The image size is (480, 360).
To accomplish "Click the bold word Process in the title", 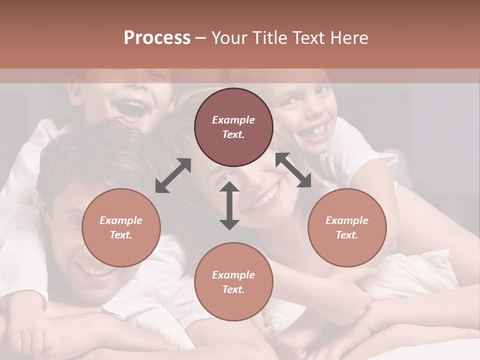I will click(x=157, y=38).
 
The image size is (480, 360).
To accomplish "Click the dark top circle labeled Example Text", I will click(x=233, y=127).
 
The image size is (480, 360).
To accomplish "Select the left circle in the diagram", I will click(x=121, y=227).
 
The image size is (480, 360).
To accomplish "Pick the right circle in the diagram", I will click(x=347, y=227).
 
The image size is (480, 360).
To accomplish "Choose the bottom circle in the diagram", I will click(x=233, y=282).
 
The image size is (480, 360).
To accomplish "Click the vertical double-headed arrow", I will click(x=229, y=205).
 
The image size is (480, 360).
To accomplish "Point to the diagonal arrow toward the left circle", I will click(x=173, y=175).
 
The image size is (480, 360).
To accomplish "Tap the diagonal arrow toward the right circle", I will click(x=293, y=170).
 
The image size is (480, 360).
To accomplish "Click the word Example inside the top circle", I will click(x=233, y=120).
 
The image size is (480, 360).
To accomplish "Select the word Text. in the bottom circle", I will click(x=233, y=289).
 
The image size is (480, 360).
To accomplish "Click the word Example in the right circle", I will click(x=347, y=220).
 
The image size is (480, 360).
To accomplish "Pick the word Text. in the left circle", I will click(x=121, y=235).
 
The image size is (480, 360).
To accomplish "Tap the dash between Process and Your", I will click(x=201, y=38).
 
